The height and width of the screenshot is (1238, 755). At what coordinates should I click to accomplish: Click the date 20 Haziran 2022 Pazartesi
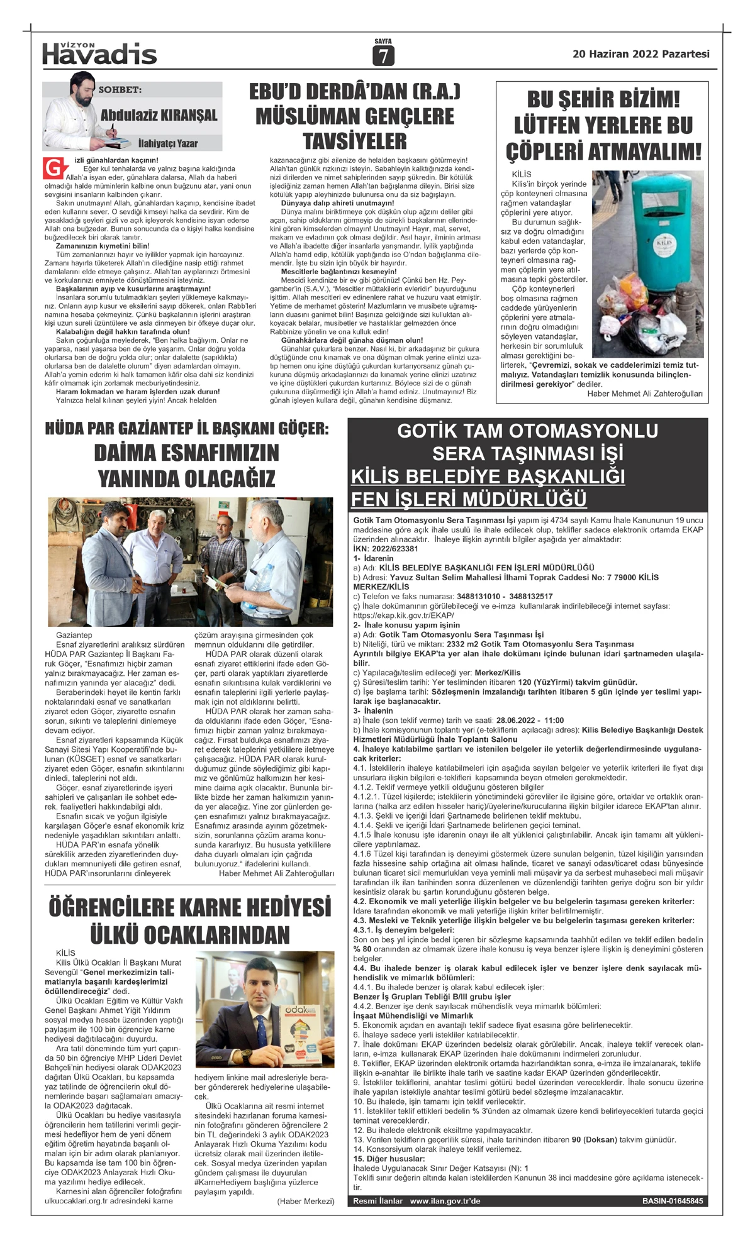click(640, 54)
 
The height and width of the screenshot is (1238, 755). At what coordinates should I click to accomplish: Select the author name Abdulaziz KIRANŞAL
click(159, 115)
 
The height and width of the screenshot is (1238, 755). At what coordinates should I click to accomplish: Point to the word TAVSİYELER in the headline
click(355, 141)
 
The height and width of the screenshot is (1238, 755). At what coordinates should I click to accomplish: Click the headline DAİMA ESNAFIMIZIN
click(186, 453)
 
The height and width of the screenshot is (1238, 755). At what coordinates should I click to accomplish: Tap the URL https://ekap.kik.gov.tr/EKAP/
click(403, 616)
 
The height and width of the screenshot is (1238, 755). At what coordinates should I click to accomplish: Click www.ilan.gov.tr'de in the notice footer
click(445, 1201)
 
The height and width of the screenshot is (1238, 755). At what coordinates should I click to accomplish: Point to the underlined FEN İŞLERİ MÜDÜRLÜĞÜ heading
click(469, 499)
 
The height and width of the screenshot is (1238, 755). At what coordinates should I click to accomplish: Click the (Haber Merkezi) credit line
click(305, 1202)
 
